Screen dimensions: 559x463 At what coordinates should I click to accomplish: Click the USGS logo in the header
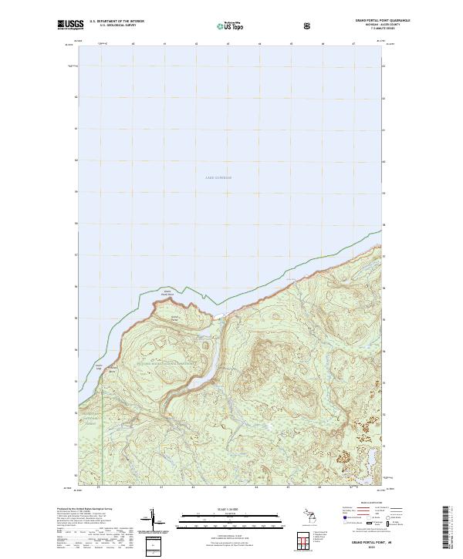pos(71,25)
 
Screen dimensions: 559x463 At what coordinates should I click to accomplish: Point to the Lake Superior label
pos(218,177)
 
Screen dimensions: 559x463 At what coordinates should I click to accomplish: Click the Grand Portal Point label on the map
pos(167,293)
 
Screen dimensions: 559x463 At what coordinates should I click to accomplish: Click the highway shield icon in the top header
pos(309,25)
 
